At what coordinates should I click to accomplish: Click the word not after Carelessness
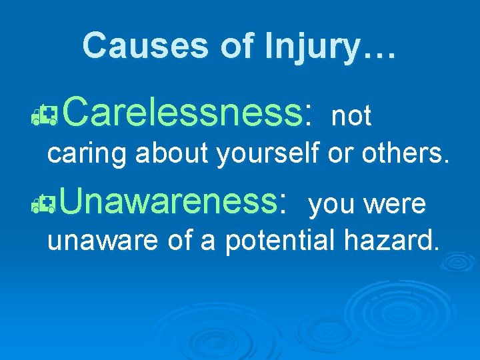coord(351,117)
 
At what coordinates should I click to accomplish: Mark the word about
coord(173,153)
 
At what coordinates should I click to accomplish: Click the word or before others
coord(341,153)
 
